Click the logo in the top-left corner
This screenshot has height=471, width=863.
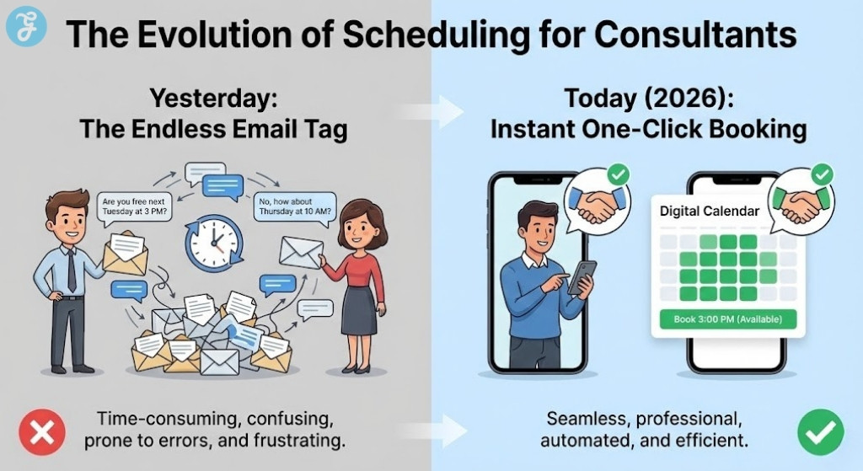point(23,29)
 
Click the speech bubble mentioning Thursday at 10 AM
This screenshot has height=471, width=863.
point(295,206)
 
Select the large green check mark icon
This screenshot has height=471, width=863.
point(820,432)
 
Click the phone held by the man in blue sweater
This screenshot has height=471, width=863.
point(582,276)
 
